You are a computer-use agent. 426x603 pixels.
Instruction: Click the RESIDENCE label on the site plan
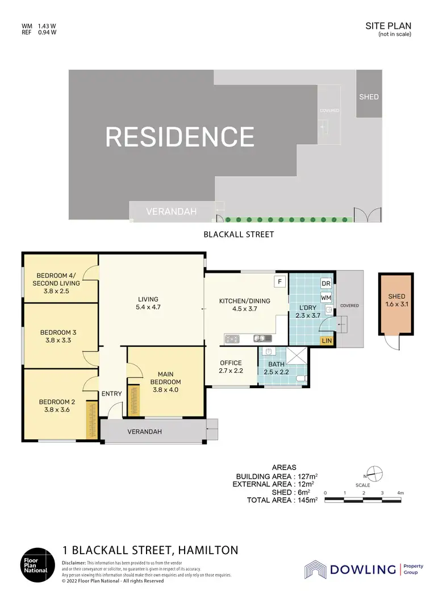click(179, 137)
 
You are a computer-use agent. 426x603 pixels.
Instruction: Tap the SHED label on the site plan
click(369, 97)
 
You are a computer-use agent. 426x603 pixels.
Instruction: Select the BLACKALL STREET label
click(239, 234)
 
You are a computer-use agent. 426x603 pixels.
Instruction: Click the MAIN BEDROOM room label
click(165, 378)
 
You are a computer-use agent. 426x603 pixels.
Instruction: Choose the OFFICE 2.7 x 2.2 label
click(231, 367)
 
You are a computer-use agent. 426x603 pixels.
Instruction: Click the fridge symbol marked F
click(279, 281)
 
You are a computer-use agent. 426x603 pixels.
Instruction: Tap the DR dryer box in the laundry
click(326, 283)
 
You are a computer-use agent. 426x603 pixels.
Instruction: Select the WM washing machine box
click(326, 297)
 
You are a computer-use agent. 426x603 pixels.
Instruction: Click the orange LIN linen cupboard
click(326, 340)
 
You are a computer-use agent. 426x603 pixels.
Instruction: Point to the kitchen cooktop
click(233, 339)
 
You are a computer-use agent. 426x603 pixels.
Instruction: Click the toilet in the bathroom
click(304, 378)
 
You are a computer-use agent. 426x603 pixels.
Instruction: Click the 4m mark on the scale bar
click(401, 492)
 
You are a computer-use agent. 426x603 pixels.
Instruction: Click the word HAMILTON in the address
click(208, 550)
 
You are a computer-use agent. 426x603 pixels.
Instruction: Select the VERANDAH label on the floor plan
click(144, 431)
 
